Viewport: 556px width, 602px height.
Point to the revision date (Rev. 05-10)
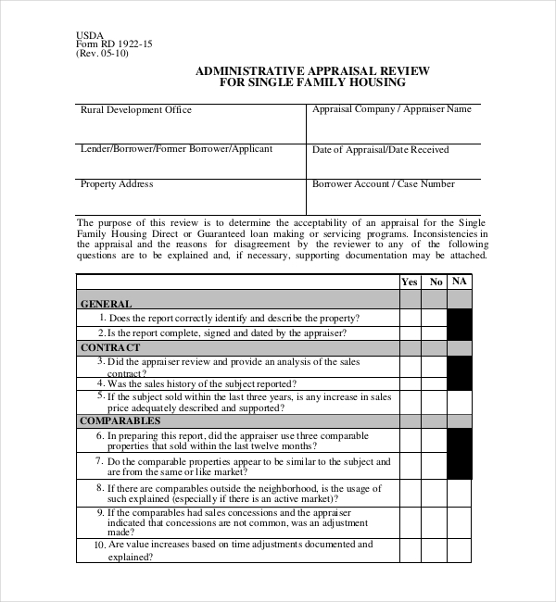[x=102, y=53]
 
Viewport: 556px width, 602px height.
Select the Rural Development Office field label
[x=136, y=110]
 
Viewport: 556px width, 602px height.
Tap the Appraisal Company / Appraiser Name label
[x=391, y=109]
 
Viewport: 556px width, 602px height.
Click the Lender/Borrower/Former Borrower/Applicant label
[x=176, y=148]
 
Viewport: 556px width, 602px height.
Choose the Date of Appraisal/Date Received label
[x=380, y=149]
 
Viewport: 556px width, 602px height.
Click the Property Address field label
[x=117, y=184]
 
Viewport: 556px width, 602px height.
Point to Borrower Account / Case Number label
[x=383, y=184]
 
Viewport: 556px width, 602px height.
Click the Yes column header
[x=410, y=282]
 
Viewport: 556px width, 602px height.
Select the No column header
[x=436, y=282]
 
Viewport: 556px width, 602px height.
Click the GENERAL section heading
[x=107, y=303]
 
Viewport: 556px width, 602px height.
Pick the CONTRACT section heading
[x=110, y=347]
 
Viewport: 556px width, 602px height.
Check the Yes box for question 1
[x=410, y=318]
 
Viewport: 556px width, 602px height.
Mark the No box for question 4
[x=436, y=383]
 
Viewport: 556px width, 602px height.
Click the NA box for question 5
[x=460, y=401]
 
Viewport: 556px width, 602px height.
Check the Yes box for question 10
[x=410, y=551]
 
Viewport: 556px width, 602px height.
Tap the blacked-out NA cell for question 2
[x=460, y=332]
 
